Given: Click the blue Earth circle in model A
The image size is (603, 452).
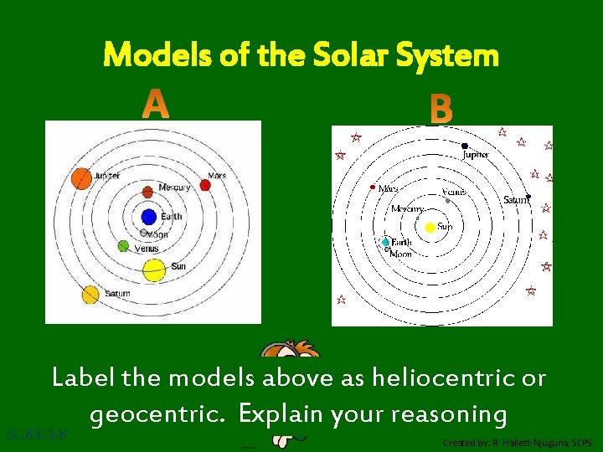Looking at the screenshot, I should [x=149, y=217].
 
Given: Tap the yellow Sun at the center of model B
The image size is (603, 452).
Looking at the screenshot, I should [x=430, y=227].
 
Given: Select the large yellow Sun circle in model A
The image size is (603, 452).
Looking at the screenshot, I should [x=153, y=270].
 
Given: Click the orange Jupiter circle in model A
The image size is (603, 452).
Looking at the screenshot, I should [x=81, y=178].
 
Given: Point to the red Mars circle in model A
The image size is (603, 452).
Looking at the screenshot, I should [x=206, y=185].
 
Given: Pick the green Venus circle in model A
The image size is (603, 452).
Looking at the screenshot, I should [x=123, y=246].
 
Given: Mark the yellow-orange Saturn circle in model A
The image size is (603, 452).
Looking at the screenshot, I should [x=90, y=295].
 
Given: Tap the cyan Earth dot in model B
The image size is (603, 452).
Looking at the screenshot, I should [x=386, y=243].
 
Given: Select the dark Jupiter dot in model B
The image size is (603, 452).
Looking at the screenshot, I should [x=465, y=146].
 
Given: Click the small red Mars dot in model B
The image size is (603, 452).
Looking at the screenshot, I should [x=373, y=187].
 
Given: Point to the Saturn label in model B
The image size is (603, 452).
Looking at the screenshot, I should [x=516, y=200].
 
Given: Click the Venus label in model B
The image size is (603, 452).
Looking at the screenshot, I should [x=454, y=192].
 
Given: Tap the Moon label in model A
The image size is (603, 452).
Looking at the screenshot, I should [x=157, y=235].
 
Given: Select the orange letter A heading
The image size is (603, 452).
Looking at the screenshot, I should [x=156, y=105].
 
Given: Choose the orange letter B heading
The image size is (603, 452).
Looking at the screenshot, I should [x=441, y=109].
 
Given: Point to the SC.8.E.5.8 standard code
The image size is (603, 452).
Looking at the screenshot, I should [x=35, y=434].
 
